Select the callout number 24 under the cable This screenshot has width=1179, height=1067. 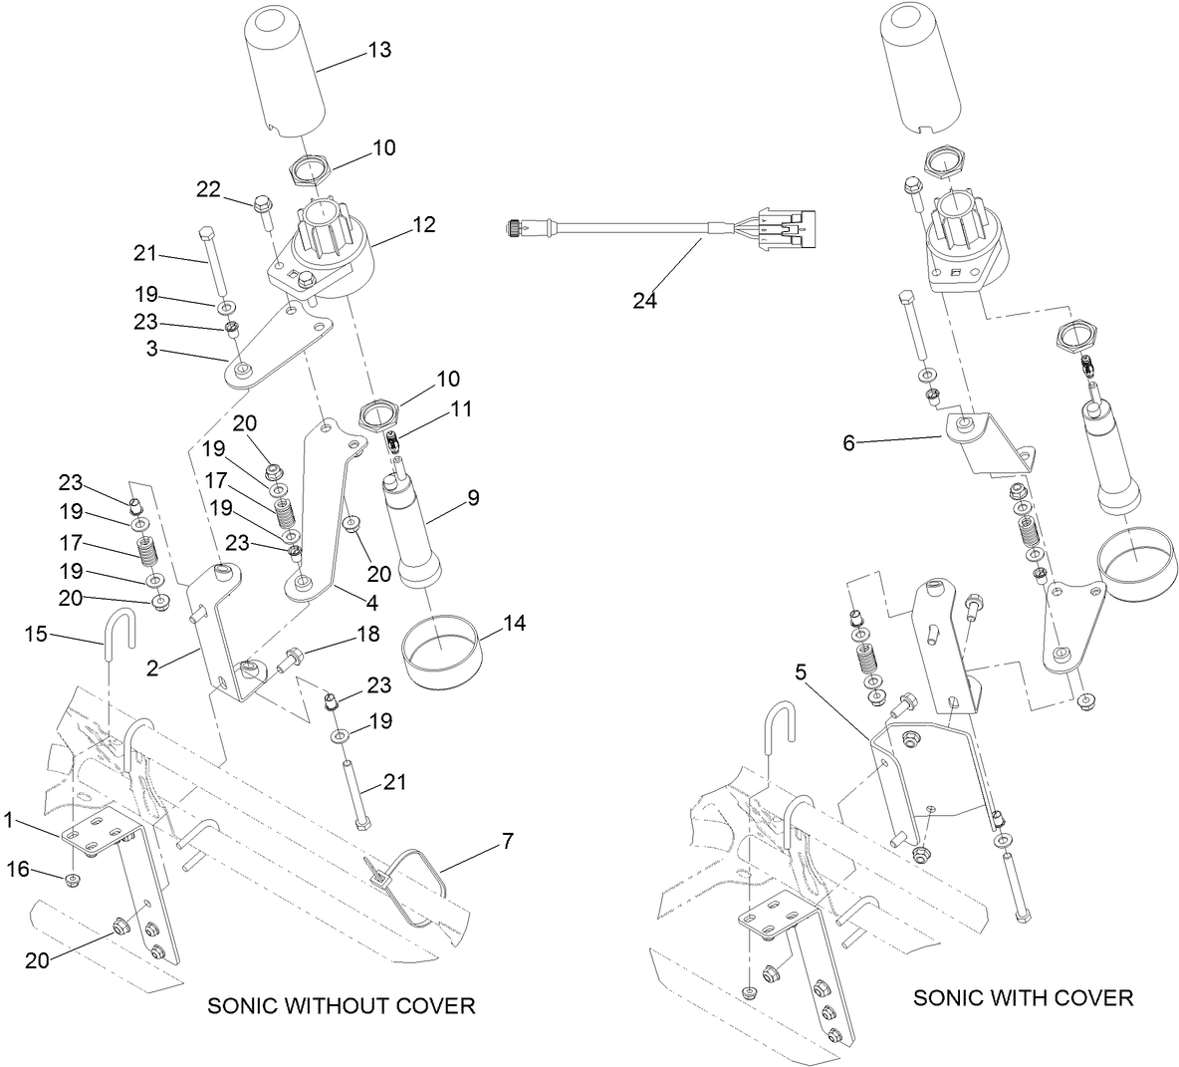tap(644, 299)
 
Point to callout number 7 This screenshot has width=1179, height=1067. tap(507, 842)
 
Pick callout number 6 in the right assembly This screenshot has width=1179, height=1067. tap(848, 442)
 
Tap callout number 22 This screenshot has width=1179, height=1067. tap(207, 189)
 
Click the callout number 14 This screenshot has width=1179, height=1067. tap(514, 624)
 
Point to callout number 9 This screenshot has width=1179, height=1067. tap(474, 497)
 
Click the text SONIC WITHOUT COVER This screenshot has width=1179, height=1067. tap(341, 1005)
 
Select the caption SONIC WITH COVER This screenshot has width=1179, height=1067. tap(1023, 997)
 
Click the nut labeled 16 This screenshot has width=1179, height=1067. tap(73, 879)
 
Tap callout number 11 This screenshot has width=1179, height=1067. tap(460, 408)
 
